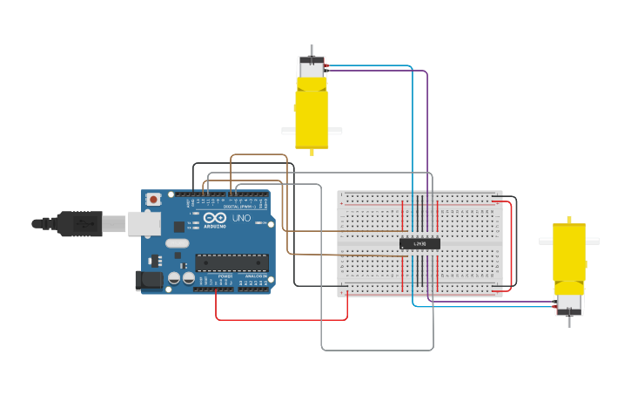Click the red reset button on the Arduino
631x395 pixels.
[x=154, y=200]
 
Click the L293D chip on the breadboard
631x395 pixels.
[x=420, y=244]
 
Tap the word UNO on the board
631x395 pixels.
[x=241, y=218]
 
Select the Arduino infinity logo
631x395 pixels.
[x=216, y=218]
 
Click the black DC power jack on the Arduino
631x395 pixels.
[x=149, y=280]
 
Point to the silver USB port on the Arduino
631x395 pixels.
[x=144, y=223]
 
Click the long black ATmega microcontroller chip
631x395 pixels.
[x=232, y=262]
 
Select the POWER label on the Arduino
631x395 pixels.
[x=225, y=276]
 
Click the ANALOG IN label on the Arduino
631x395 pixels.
[x=255, y=276]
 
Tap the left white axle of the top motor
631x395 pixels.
[x=288, y=131]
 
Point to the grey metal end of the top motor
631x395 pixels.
[x=312, y=67]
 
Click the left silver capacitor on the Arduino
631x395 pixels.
[x=174, y=278]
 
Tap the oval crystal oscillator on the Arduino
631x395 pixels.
[x=177, y=243]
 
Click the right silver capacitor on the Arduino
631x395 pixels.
[x=188, y=278]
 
